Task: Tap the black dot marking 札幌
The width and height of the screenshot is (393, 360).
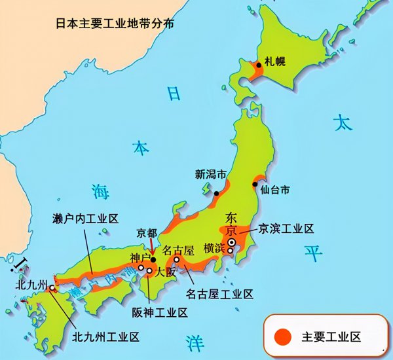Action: pyautogui.click(x=259, y=64)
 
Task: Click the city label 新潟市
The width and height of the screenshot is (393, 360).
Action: pyautogui.click(x=210, y=175)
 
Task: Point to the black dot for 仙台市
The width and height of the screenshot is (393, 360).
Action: pyautogui.click(x=255, y=185)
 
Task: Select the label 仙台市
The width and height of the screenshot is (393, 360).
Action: pyautogui.click(x=274, y=190)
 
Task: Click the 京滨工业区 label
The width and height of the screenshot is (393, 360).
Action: pyautogui.click(x=287, y=229)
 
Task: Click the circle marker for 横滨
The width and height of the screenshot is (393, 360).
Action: pyautogui.click(x=229, y=251)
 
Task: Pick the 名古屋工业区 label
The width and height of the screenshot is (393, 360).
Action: pyautogui.click(x=219, y=294)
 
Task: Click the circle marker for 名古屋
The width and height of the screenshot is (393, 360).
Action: pyautogui.click(x=176, y=259)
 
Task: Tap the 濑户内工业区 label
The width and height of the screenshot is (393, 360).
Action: pyautogui.click(x=85, y=219)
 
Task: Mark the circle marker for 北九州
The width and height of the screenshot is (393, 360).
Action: pyautogui.click(x=52, y=287)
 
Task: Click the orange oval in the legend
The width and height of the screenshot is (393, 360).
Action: pyautogui.click(x=282, y=336)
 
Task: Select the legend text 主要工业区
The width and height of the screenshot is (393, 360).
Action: pyautogui.click(x=331, y=336)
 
